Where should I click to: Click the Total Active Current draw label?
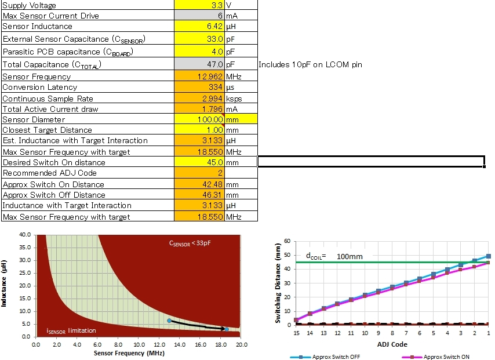click(50, 109)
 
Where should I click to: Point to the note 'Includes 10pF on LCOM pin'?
click(310, 64)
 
